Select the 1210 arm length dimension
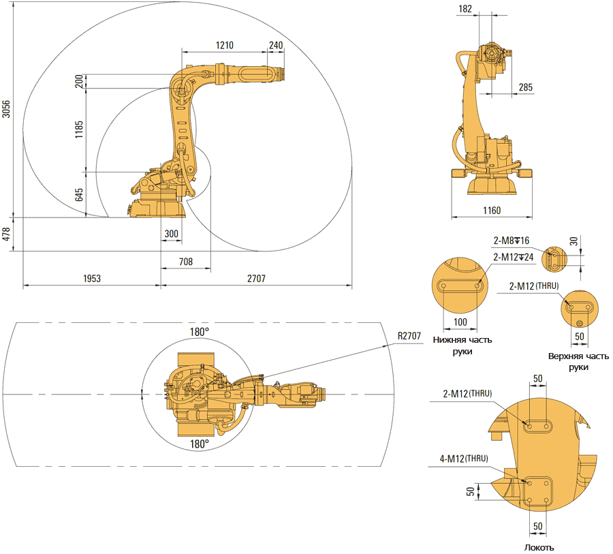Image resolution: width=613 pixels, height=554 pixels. (225, 46)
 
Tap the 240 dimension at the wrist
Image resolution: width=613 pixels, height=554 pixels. (276, 46)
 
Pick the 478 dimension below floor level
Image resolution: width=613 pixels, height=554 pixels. (6, 234)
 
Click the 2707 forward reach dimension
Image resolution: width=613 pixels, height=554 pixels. (256, 278)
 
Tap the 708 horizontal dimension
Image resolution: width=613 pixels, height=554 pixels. (185, 261)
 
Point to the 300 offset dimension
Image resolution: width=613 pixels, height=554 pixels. (171, 234)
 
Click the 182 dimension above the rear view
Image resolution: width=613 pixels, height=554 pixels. (484, 8)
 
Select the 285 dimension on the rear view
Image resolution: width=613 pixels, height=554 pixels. (525, 87)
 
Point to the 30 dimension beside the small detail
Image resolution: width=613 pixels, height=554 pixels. (573, 241)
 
